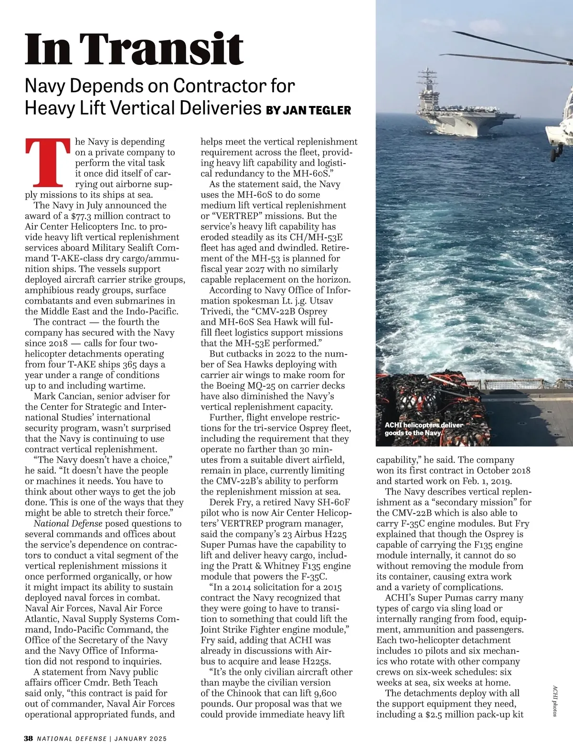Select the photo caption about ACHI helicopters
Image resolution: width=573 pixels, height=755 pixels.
pyautogui.click(x=424, y=429)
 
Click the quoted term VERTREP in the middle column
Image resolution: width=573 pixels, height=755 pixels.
pyautogui.click(x=235, y=216)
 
